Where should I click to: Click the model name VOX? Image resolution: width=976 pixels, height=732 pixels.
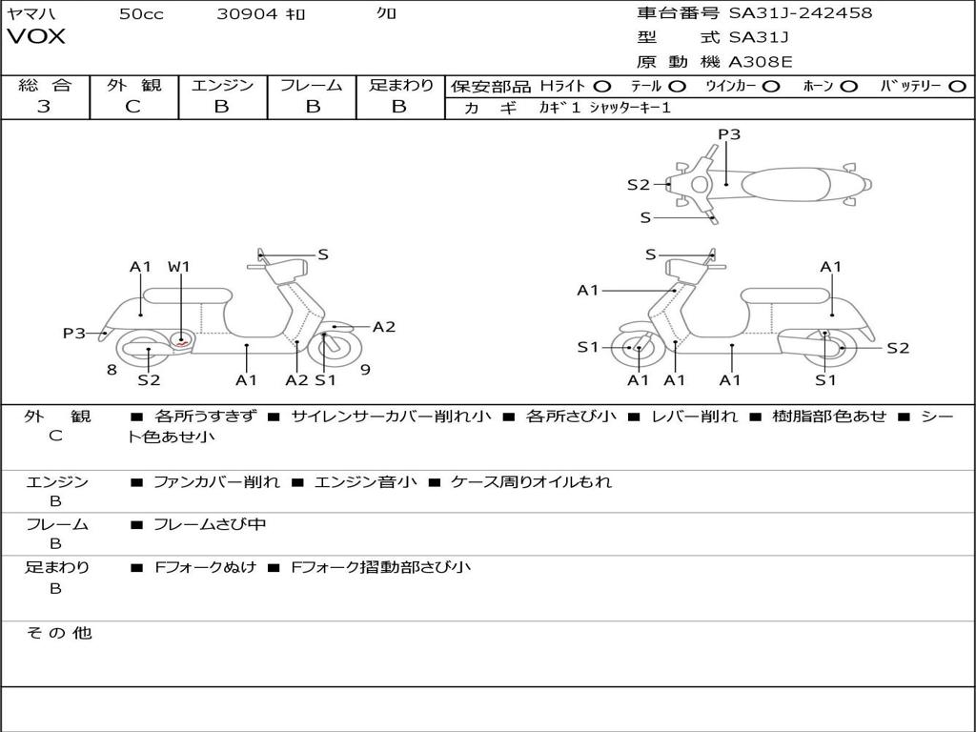[x=36, y=37]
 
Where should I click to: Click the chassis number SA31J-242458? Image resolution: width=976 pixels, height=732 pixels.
[x=800, y=13]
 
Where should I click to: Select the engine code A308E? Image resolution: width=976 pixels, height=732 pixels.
[x=761, y=62]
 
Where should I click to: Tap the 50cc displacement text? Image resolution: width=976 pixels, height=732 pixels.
[x=141, y=13]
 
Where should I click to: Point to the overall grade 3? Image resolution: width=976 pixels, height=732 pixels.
[x=44, y=107]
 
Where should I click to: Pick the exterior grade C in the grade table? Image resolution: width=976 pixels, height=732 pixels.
[x=132, y=107]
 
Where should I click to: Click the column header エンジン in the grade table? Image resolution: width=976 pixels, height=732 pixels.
[x=222, y=85]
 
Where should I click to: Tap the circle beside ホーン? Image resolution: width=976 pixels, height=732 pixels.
[x=848, y=86]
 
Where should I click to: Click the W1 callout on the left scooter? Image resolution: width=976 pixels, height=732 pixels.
[x=179, y=267]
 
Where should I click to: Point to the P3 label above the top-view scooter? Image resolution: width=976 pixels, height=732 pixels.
[x=729, y=134]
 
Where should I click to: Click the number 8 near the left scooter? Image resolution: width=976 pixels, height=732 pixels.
[x=112, y=369]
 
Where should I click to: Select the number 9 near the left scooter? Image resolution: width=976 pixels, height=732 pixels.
[x=365, y=369]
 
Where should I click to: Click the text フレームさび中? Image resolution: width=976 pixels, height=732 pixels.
[x=210, y=524]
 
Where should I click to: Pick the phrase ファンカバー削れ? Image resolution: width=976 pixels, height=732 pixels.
[x=217, y=482]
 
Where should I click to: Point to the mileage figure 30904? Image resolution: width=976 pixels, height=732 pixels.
[x=247, y=13]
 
